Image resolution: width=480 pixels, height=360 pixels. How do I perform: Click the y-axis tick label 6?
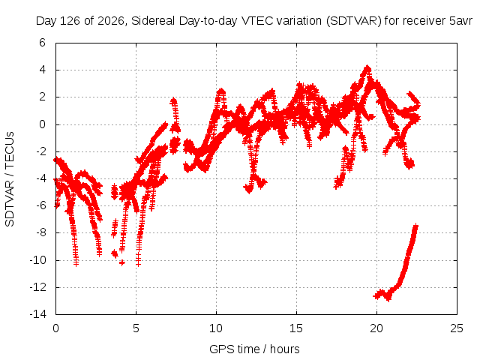click(42, 43)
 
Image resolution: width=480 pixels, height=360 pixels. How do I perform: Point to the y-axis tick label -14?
click(37, 314)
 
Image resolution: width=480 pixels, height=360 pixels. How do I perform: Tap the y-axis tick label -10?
click(37, 260)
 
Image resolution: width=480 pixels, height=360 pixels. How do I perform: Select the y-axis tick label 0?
click(42, 124)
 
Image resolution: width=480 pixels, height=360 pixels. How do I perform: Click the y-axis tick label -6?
click(40, 205)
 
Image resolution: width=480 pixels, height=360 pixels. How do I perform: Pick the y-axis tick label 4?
click(42, 70)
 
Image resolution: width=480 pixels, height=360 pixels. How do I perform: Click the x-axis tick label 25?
click(457, 328)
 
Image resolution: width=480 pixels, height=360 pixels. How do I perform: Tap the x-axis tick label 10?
click(216, 328)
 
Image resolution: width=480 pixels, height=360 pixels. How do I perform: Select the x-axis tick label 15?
click(296, 328)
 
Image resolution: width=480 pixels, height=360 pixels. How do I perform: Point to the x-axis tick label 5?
click(136, 328)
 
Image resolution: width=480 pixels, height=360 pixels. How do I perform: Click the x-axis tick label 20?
click(376, 328)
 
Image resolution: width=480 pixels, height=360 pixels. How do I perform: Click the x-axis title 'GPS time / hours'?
click(254, 349)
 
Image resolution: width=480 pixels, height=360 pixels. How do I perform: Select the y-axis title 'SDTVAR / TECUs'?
click(10, 179)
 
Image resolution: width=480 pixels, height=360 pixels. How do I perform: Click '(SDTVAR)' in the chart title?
click(353, 21)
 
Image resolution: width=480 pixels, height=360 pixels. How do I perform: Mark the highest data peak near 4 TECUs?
click(367, 67)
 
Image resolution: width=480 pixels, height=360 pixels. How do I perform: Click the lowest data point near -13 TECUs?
click(388, 298)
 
